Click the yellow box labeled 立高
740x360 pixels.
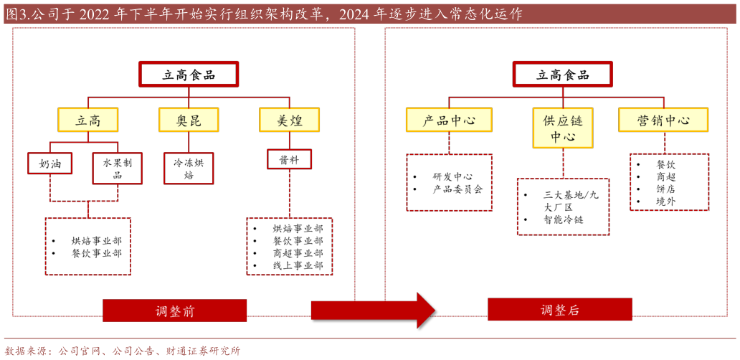(x=87, y=120)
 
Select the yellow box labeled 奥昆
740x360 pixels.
(x=189, y=120)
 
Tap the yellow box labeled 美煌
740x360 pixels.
(x=290, y=120)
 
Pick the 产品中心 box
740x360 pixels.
(x=449, y=120)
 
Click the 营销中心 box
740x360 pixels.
(x=663, y=120)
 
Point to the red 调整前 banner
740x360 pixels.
(x=174, y=311)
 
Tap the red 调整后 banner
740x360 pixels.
(x=559, y=310)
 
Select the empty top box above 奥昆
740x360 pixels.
(x=189, y=74)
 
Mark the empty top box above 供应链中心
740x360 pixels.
(x=563, y=74)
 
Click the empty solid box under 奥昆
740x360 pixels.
(x=189, y=168)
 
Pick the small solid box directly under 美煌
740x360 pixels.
(x=289, y=158)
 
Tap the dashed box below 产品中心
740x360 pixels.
(x=450, y=182)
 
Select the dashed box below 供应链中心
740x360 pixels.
(x=563, y=207)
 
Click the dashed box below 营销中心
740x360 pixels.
(x=669, y=181)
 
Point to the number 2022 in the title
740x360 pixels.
(x=95, y=14)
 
